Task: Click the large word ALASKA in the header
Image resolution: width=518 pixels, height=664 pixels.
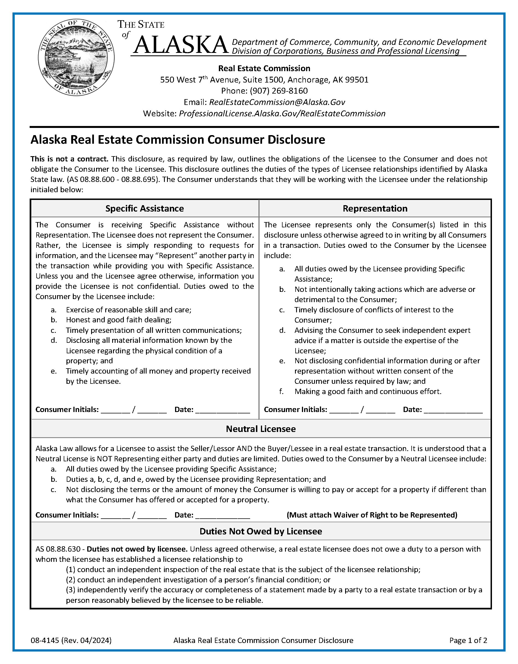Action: tap(181, 45)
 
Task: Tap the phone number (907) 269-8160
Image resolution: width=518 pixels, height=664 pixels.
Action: tap(279, 91)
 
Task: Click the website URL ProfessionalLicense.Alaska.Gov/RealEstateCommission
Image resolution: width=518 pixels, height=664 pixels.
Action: tap(282, 114)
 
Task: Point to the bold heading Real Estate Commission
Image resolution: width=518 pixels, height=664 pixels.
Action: tap(264, 68)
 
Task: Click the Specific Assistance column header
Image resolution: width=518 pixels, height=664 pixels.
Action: tap(145, 209)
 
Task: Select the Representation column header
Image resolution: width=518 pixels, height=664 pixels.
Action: tap(375, 209)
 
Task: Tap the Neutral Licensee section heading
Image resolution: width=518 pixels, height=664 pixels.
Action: tap(261, 429)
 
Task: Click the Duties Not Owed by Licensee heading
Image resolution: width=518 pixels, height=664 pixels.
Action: tap(261, 531)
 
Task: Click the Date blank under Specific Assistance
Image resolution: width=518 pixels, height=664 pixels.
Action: tap(222, 410)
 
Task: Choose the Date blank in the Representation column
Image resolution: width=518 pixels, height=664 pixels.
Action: tap(453, 410)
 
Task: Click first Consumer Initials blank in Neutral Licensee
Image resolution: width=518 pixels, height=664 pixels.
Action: tap(115, 516)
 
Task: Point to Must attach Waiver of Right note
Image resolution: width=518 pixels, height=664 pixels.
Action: tap(372, 515)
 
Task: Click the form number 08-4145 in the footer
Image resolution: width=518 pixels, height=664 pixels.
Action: tap(45, 640)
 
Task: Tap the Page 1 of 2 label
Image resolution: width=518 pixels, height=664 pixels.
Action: tap(468, 640)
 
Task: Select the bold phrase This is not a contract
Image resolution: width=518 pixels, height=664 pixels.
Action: tap(69, 159)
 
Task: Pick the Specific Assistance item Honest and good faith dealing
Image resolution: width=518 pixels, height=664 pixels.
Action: tap(119, 320)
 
